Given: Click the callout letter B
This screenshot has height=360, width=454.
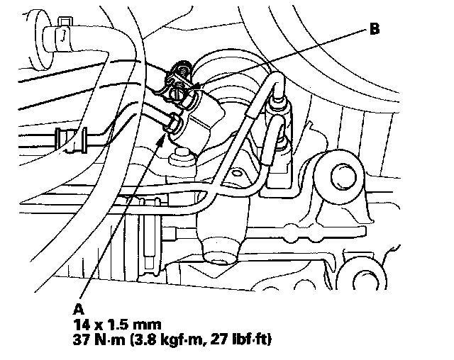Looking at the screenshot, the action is point(374,30).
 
